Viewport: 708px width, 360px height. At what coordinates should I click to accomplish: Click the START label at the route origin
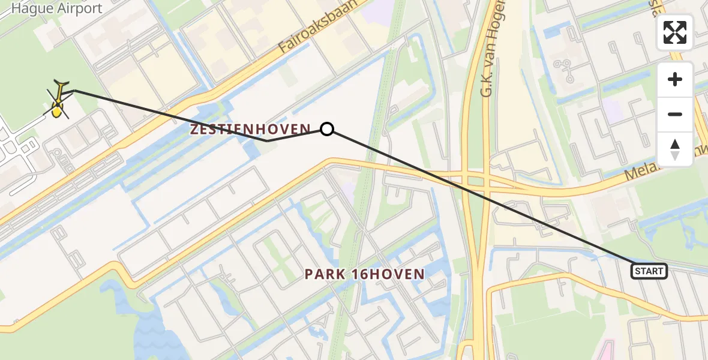click(649, 271)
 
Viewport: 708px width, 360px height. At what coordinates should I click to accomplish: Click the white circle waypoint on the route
click(327, 128)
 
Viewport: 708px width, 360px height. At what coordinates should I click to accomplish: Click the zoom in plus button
click(675, 79)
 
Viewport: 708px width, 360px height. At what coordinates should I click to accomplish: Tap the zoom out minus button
click(675, 114)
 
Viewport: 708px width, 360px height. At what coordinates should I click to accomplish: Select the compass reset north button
click(675, 149)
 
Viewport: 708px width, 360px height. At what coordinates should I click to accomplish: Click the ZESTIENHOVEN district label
click(250, 128)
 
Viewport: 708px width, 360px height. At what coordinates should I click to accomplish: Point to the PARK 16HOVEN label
click(364, 274)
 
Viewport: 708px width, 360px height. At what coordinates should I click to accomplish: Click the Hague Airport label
click(57, 9)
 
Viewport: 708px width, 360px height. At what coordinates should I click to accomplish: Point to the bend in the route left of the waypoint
click(268, 140)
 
